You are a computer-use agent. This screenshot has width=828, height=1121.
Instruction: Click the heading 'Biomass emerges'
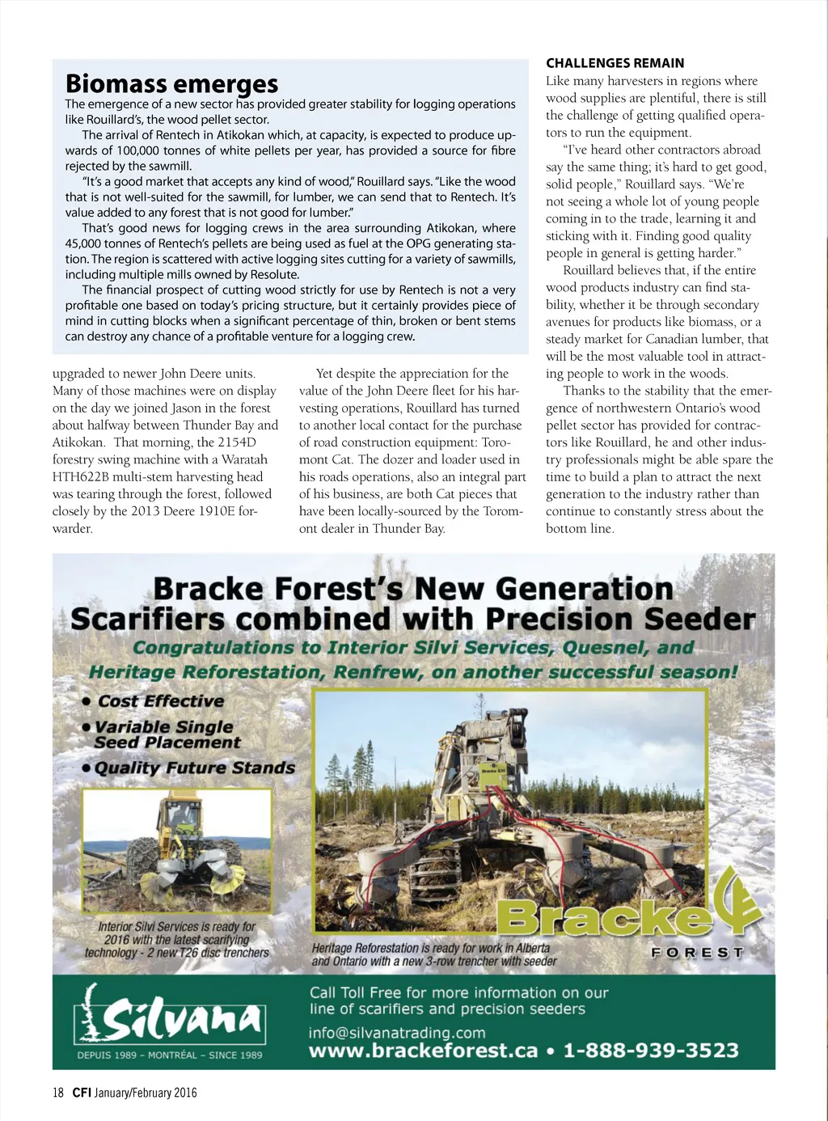coord(171,83)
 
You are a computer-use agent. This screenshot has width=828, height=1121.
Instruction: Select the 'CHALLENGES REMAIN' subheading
coord(615,63)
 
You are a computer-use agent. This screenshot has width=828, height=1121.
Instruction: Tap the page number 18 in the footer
coord(58,1093)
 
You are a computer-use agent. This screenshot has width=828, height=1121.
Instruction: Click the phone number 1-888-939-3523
coord(651,1051)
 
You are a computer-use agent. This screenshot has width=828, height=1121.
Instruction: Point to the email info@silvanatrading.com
coord(397,1033)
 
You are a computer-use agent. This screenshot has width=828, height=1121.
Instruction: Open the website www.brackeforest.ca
coord(423,1051)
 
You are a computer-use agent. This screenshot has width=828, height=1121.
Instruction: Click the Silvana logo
coord(171,1014)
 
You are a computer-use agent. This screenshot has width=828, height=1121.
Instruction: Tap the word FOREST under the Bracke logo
coord(697,953)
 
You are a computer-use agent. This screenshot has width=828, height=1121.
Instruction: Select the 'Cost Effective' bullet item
coord(160,701)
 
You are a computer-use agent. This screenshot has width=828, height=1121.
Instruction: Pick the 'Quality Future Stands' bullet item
coord(194,768)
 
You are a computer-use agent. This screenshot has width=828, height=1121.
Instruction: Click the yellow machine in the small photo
coord(180,841)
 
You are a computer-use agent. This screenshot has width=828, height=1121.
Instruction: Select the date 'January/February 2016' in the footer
coord(146,1093)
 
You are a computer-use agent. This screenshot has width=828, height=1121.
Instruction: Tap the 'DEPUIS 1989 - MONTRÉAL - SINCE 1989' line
coord(170,1055)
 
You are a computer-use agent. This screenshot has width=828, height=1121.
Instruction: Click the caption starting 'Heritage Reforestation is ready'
coord(433,954)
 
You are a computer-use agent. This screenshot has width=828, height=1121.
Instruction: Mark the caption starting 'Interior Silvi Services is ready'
coord(177,939)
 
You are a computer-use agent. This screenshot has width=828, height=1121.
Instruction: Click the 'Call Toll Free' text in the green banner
coord(356,992)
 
